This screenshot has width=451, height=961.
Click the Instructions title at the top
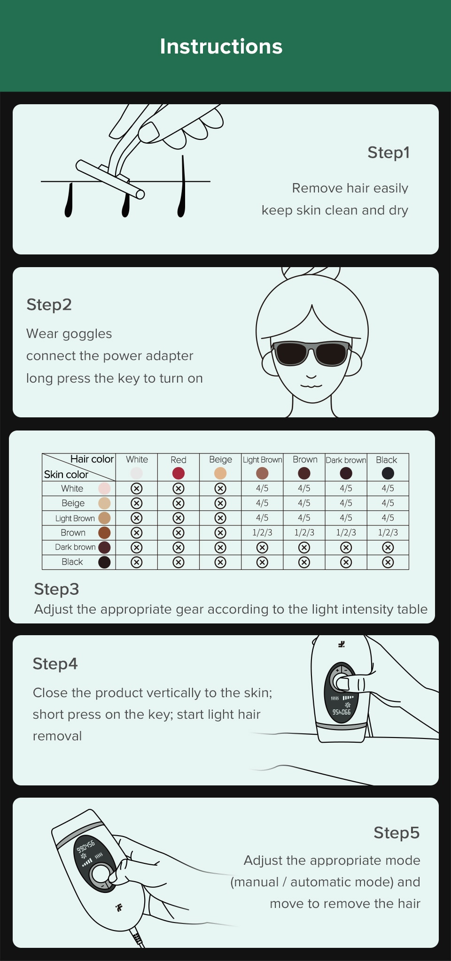pyautogui.click(x=221, y=46)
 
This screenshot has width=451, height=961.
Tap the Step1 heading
pyautogui.click(x=389, y=153)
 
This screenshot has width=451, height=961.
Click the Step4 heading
pyautogui.click(x=55, y=664)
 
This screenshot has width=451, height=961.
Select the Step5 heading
pyautogui.click(x=397, y=832)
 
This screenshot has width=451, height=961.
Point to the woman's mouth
pyautogui.click(x=311, y=385)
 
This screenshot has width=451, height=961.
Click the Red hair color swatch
pyautogui.click(x=179, y=473)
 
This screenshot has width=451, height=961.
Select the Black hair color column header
pyautogui.click(x=387, y=460)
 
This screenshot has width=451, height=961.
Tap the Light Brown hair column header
pyautogui.click(x=262, y=460)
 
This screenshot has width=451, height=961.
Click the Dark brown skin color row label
pyautogui.click(x=75, y=547)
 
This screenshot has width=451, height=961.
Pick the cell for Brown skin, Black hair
pyautogui.click(x=388, y=532)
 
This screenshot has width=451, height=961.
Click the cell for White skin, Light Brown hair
pyautogui.click(x=262, y=488)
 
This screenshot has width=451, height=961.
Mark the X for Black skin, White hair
pyautogui.click(x=136, y=562)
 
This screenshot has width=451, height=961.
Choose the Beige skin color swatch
pyautogui.click(x=104, y=503)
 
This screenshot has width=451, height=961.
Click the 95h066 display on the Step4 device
pyautogui.click(x=342, y=712)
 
